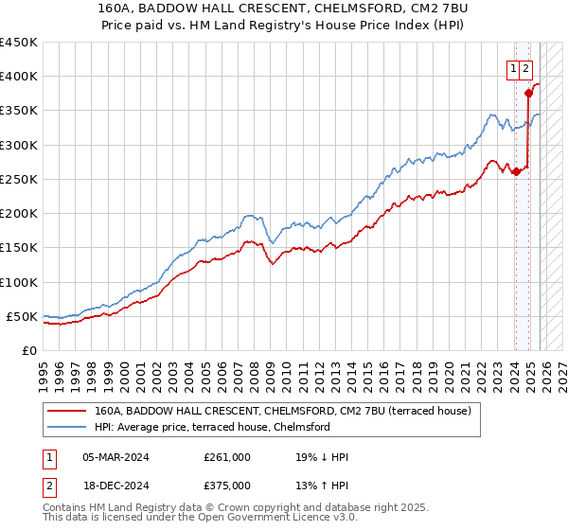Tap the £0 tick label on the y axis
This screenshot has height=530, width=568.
coord(28,350)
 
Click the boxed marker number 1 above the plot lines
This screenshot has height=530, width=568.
coord(512,67)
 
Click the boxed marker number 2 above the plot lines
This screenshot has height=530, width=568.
coord(525,67)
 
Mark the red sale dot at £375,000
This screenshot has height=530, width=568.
coord(528,93)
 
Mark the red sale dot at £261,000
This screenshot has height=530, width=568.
coord(516,171)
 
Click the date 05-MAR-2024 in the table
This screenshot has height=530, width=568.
coord(115,457)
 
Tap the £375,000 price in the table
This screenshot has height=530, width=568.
coord(227,485)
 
